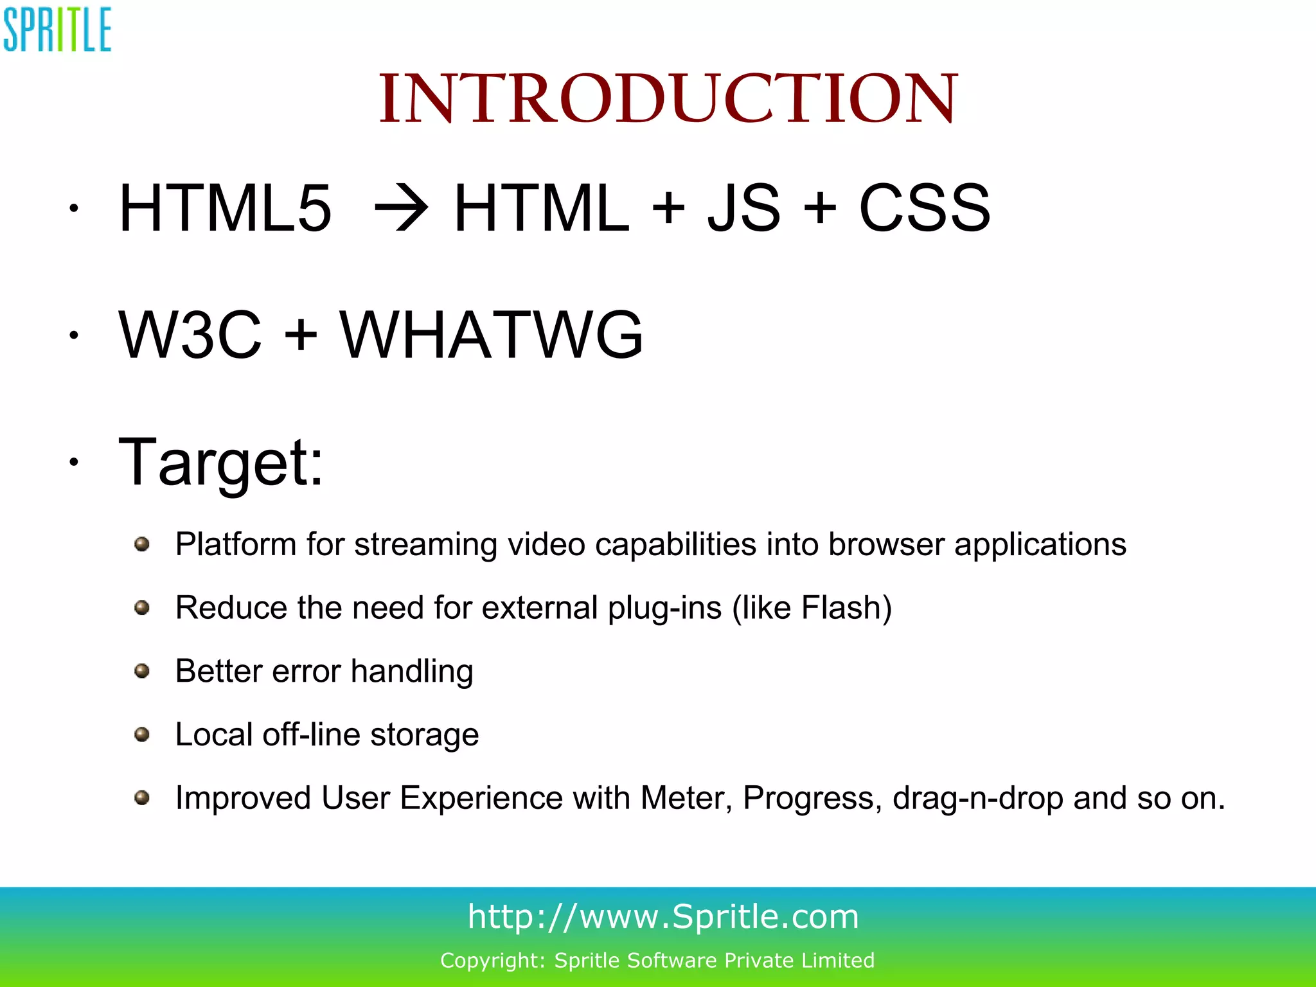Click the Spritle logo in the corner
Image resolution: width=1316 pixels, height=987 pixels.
pyautogui.click(x=57, y=30)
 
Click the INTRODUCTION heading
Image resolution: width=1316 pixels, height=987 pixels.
pyautogui.click(x=668, y=99)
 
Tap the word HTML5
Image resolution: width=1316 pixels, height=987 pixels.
pyautogui.click(x=225, y=208)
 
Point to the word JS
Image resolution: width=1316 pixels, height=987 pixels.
pyautogui.click(x=743, y=208)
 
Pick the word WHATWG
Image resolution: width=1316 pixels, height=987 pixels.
pyautogui.click(x=491, y=335)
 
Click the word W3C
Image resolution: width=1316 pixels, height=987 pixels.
pyautogui.click(x=190, y=335)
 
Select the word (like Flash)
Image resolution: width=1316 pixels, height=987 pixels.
pyautogui.click(x=812, y=608)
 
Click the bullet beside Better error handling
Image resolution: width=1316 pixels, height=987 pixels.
pyautogui.click(x=142, y=671)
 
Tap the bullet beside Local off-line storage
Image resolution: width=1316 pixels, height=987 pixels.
pyautogui.click(x=142, y=734)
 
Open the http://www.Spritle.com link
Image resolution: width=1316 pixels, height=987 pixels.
pyautogui.click(x=663, y=916)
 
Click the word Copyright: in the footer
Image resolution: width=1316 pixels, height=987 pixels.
pyautogui.click(x=492, y=960)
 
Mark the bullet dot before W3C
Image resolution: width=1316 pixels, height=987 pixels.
pyautogui.click(x=75, y=335)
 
